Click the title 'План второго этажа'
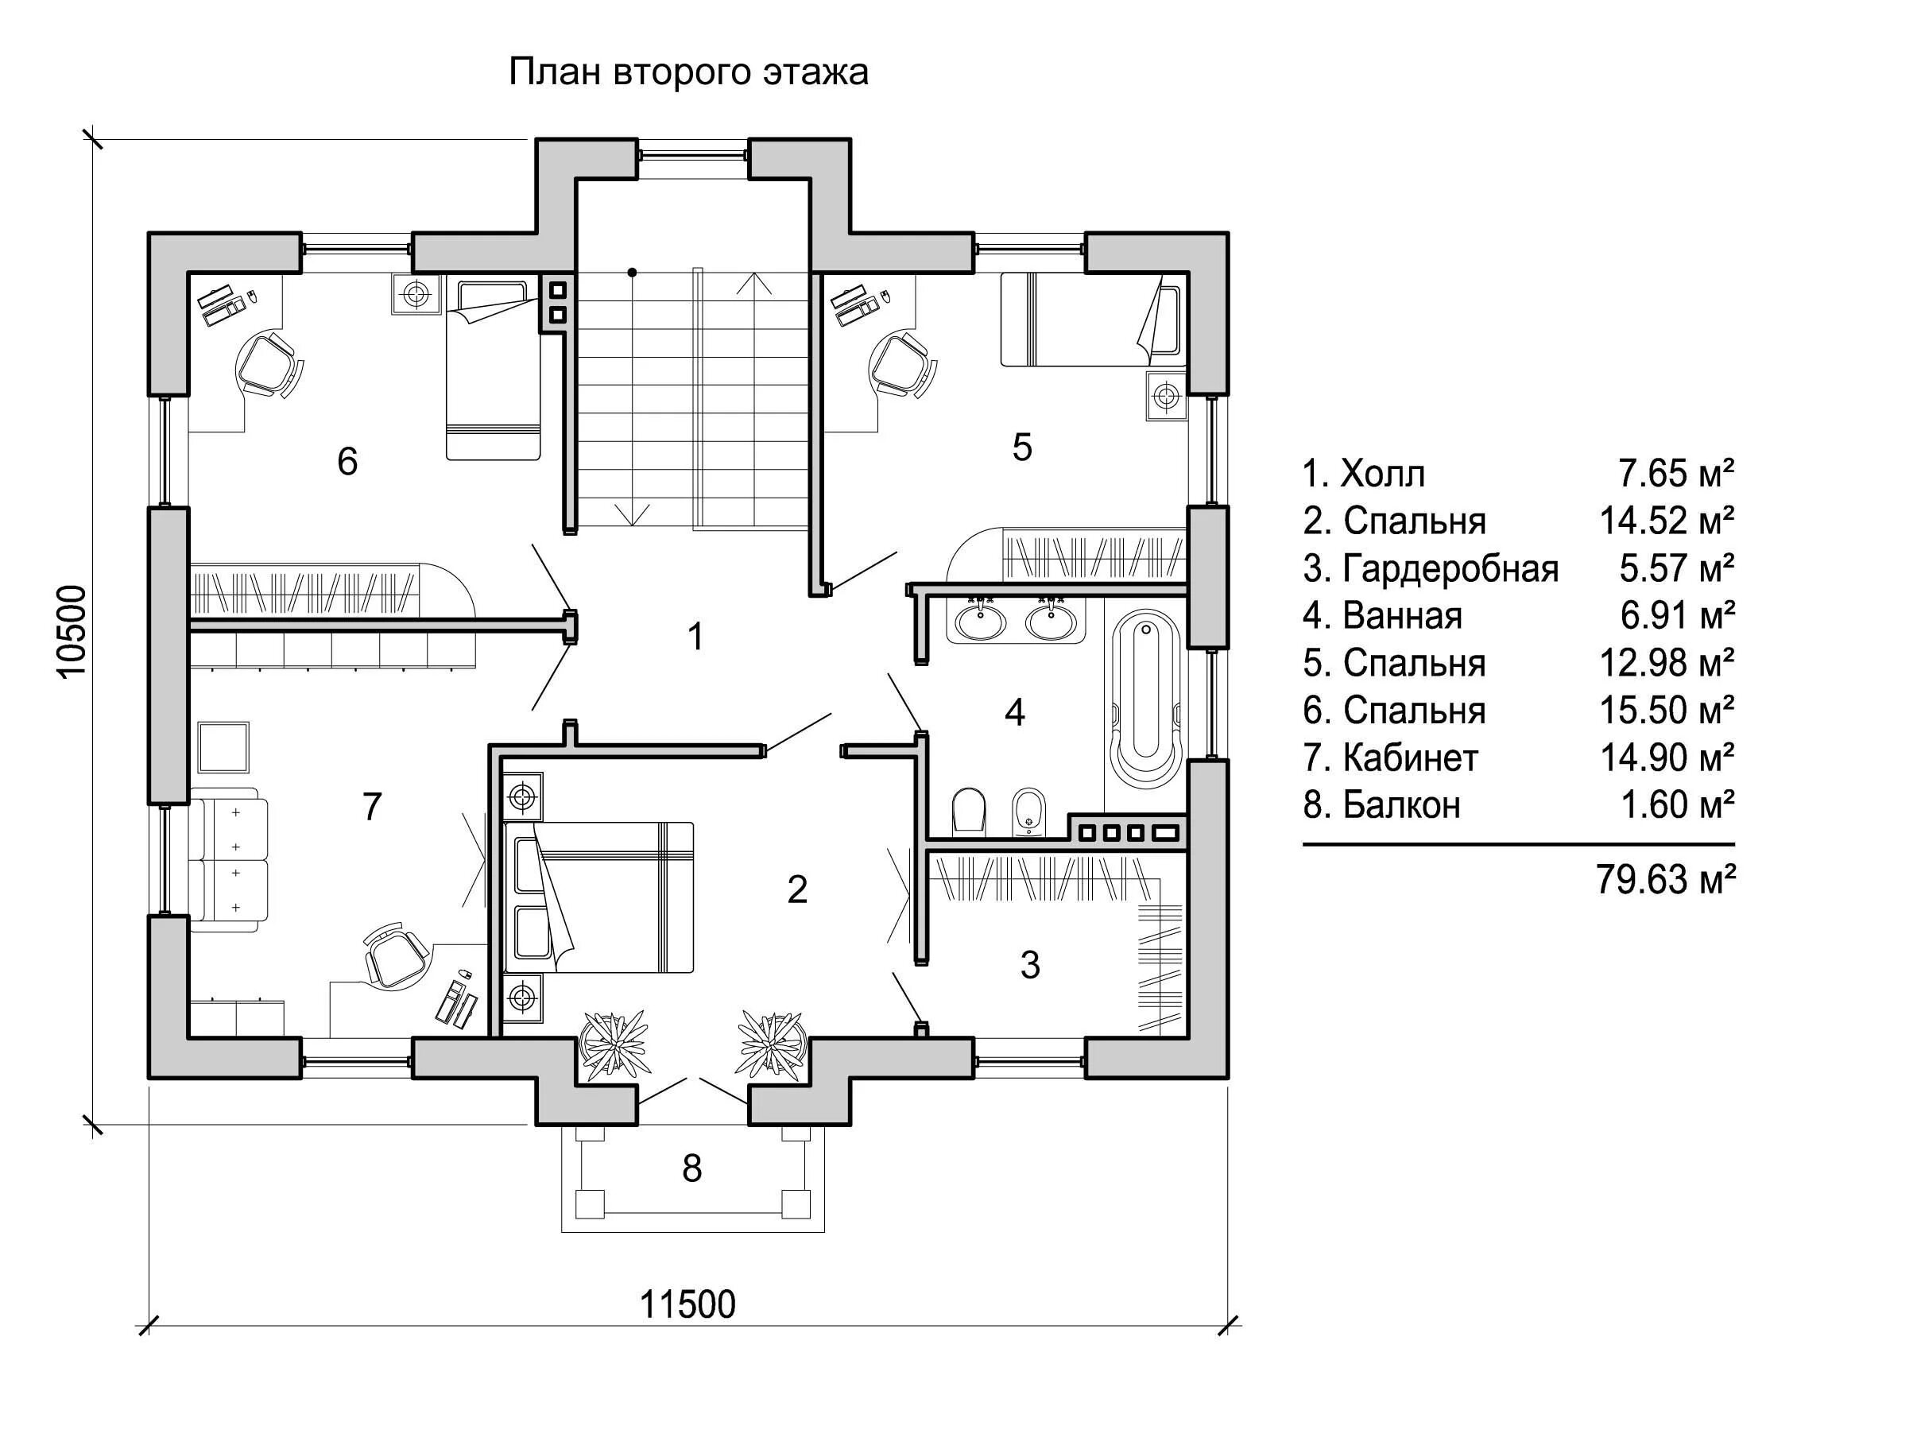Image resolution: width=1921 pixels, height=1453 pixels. tap(687, 72)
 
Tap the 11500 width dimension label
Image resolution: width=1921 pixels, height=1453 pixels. tap(687, 1304)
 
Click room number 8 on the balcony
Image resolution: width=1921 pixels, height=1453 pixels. tap(691, 1169)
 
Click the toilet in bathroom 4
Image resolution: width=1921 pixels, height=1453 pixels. tap(968, 809)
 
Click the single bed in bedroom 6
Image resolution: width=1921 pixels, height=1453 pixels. tap(493, 369)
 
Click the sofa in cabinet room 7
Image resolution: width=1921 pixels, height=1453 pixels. tap(228, 860)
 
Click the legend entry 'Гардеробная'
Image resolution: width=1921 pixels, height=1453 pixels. tap(1450, 569)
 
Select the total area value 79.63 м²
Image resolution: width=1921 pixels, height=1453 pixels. tap(1665, 880)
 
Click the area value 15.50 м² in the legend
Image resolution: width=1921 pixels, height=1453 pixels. tap(1667, 711)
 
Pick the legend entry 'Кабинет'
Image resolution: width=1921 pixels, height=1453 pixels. tap(1409, 758)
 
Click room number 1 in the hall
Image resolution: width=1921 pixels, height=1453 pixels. tap(695, 637)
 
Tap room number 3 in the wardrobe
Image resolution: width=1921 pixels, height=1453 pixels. tap(1030, 965)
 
